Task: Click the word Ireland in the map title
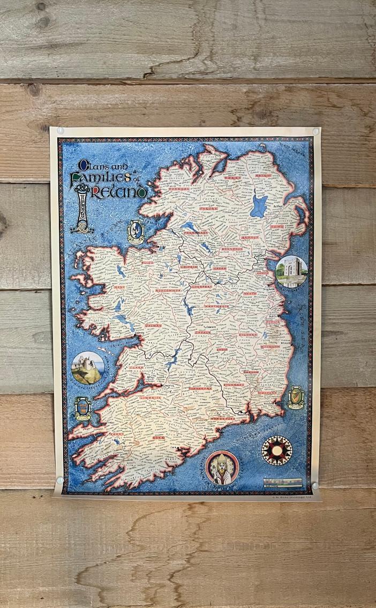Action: pos(121,191)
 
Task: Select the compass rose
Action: pos(276,450)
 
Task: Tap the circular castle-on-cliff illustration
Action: pos(86,367)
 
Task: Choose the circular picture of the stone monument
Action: pos(291,272)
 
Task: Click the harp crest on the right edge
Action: pos(295,398)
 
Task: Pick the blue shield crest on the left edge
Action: pos(82,408)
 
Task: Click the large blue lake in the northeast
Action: pos(259,206)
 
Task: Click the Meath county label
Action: pos(249,293)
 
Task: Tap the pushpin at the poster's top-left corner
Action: pos(61,130)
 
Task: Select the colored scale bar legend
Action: pos(282,481)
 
